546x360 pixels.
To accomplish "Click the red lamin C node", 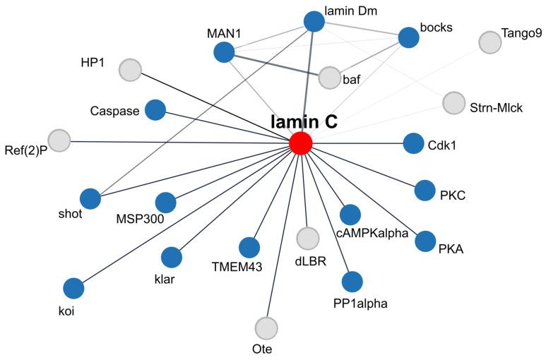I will tap(301, 143).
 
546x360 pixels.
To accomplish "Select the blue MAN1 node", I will tap(223, 52).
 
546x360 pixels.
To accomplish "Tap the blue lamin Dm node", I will tap(314, 21).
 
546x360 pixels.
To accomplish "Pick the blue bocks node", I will tap(409, 37).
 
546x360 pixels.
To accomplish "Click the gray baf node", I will tap(329, 78).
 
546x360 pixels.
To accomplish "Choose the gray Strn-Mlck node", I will tap(453, 103).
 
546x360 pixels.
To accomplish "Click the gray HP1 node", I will tap(129, 70).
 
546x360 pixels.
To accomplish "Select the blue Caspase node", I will tap(155, 109).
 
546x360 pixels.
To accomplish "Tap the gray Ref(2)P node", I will tap(59, 140).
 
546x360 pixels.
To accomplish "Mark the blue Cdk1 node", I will tap(413, 143).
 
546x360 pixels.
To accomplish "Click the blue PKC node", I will tap(425, 190).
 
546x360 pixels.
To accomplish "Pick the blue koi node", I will tap(73, 288).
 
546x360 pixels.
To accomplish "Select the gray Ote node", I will tap(266, 328).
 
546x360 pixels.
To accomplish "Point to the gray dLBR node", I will tap(308, 239).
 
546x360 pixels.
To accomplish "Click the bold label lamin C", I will tap(304, 121).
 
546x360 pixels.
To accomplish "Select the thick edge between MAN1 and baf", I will tap(275, 64).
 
